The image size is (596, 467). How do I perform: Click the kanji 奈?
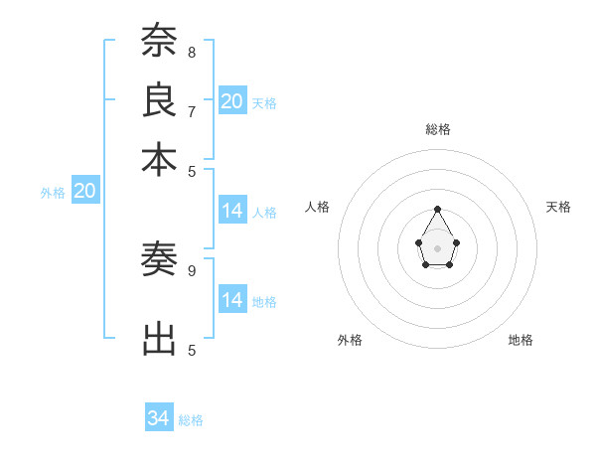coord(159,42)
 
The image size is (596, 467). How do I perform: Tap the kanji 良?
coord(159,100)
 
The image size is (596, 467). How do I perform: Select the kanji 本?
coord(159,159)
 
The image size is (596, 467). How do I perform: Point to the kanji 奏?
coord(159,260)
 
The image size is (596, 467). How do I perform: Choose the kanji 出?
coord(159,339)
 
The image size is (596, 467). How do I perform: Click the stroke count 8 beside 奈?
coord(192,52)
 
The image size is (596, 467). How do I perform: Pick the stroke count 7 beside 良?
coord(192,110)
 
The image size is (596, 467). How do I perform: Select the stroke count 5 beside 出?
coord(192,350)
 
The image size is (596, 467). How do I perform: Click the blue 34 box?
coord(159,418)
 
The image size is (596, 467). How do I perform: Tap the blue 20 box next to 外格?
coord(84,191)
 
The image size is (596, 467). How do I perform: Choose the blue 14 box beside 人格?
coord(232,211)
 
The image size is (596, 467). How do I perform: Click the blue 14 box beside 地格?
coord(232,299)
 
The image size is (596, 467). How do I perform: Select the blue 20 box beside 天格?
coord(232,100)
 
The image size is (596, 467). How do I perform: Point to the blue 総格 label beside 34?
coord(191,420)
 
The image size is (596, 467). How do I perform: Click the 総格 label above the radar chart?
coord(437,129)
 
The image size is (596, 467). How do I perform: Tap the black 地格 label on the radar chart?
coord(521,340)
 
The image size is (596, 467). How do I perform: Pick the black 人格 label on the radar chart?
coord(318,207)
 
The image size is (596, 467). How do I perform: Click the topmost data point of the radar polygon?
coord(437,209)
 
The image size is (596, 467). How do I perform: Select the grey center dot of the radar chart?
coord(437,247)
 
